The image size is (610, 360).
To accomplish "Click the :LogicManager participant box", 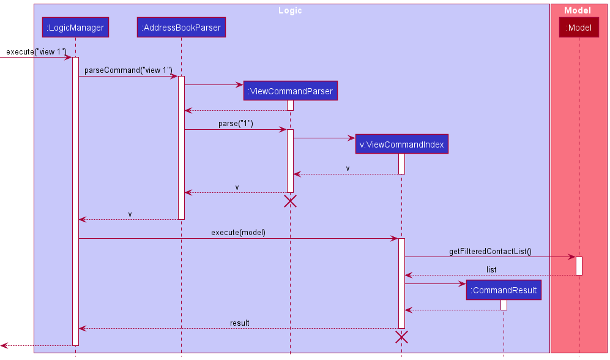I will tap(75, 27).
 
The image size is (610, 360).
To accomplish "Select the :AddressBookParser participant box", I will tap(181, 27).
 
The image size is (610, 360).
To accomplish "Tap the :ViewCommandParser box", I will tap(290, 91).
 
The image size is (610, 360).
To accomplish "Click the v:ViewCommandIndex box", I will tap(401, 144).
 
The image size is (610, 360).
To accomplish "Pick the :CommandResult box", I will tap(504, 290).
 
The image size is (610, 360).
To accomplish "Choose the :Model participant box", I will tap(578, 27).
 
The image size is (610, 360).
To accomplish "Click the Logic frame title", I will tap(290, 10).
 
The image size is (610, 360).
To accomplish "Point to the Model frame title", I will tap(578, 10).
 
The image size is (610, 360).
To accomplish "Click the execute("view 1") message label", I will tap(36, 51).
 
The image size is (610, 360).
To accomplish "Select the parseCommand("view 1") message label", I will tap(128, 70).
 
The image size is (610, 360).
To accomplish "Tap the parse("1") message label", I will tap(236, 123).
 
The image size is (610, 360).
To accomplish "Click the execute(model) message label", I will tap(238, 232).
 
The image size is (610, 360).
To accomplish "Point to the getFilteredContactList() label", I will tap(490, 251).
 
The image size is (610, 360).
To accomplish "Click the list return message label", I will tap(491, 269).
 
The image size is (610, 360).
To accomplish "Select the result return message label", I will tap(239, 323).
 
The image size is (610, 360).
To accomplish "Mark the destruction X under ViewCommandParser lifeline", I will tap(290, 201).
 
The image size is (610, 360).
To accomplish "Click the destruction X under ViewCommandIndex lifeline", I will tap(401, 336).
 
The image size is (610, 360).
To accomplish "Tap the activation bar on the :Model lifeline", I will tap(579, 266).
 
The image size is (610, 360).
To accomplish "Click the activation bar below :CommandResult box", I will tap(504, 305).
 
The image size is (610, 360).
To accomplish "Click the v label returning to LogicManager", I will tap(130, 214).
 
